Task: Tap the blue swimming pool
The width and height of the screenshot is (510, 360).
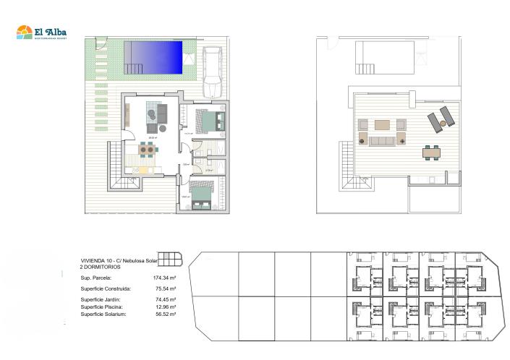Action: [153, 56]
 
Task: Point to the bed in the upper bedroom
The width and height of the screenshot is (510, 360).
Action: [208, 119]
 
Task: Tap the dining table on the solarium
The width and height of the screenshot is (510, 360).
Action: [432, 153]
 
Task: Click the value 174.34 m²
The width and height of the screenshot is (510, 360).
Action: [166, 278]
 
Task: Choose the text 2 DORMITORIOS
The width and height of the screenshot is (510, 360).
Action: [101, 267]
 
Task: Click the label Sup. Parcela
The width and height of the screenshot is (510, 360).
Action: [96, 278]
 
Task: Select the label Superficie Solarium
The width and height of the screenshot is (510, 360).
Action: [104, 314]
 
